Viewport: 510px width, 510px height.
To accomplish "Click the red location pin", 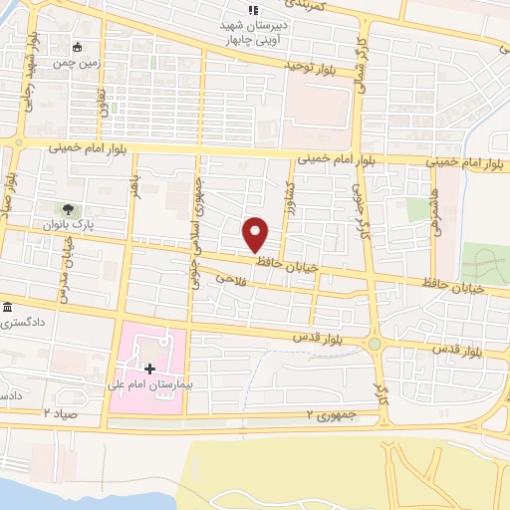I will click(x=256, y=235).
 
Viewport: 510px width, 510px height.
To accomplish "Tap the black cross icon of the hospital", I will click(x=149, y=369).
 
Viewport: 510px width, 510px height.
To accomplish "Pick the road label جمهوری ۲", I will click(x=330, y=414).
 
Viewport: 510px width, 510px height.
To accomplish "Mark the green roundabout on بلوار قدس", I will click(x=375, y=345).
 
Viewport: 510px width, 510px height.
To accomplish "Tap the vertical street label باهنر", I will click(x=135, y=185).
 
